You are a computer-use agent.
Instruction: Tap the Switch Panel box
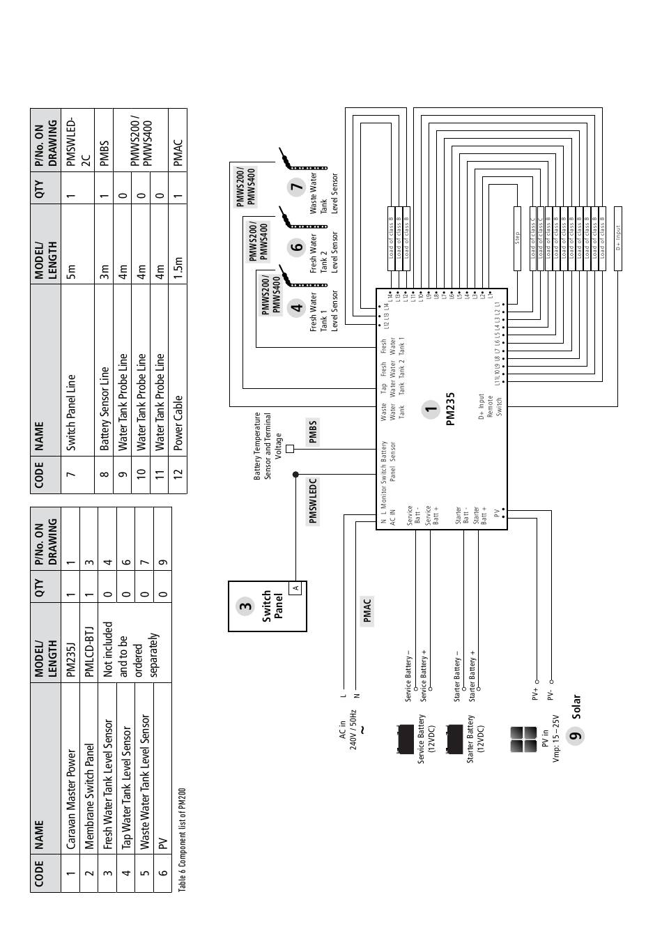tap(267, 606)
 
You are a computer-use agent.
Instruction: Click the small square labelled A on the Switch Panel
tap(296, 588)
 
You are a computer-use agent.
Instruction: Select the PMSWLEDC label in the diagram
tap(313, 500)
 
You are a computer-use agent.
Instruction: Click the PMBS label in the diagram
tap(313, 431)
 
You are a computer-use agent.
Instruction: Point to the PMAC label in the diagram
tap(367, 611)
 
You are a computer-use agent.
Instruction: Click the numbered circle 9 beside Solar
tap(575, 735)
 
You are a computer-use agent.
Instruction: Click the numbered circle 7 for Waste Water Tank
tap(298, 186)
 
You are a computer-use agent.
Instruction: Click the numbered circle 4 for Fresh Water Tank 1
tap(298, 307)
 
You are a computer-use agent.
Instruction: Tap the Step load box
tap(517, 238)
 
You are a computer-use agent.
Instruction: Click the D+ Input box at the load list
tap(617, 238)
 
